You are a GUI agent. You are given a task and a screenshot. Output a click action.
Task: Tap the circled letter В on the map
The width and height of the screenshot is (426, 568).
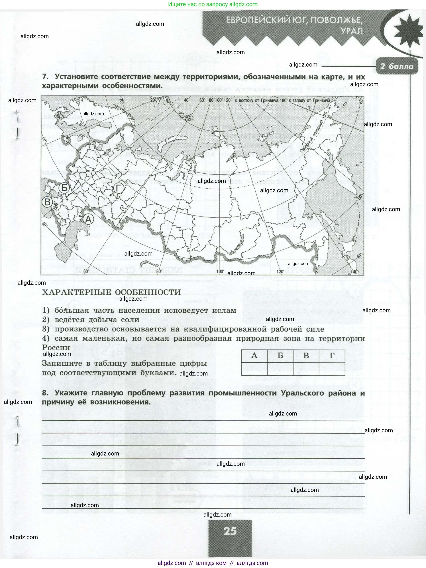[x=47, y=202]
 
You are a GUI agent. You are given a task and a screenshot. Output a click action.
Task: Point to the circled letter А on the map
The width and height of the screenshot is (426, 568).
[x=88, y=219]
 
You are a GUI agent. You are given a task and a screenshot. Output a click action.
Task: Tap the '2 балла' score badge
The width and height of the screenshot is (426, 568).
[x=397, y=66]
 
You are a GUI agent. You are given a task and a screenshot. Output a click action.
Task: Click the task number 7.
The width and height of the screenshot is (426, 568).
[x=45, y=77]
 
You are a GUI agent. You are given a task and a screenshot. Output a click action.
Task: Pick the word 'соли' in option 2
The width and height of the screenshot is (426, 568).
[x=130, y=320]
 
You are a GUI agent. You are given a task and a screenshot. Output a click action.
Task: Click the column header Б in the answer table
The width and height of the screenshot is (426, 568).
[x=280, y=356]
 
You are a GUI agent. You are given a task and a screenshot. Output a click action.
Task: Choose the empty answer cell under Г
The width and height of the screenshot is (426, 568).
[x=332, y=369]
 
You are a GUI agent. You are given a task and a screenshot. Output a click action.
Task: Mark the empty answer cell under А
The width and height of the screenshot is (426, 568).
[x=254, y=369]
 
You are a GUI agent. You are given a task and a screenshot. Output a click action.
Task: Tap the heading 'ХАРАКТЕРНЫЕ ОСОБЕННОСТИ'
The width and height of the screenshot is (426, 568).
[x=111, y=292]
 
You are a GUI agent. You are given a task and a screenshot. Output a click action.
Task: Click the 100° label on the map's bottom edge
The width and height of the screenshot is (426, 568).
[x=220, y=271]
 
